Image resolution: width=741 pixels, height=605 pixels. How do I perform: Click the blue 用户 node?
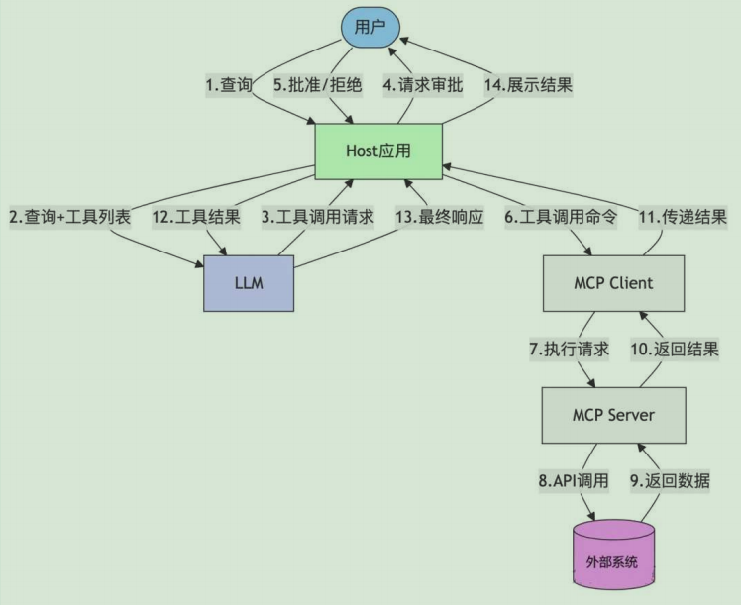click(x=369, y=27)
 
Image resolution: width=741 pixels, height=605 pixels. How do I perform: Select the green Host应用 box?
click(x=378, y=151)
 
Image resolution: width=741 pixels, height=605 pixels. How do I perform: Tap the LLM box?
click(x=249, y=283)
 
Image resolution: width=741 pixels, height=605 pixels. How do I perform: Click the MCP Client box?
click(x=613, y=283)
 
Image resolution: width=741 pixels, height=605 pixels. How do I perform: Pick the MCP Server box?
click(x=614, y=414)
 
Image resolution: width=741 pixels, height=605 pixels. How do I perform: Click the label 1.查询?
click(x=229, y=85)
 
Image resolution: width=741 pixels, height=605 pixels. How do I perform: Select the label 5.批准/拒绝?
click(x=318, y=85)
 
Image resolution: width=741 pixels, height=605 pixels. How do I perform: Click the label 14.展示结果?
click(x=529, y=85)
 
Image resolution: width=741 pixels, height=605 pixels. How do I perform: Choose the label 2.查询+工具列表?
click(x=70, y=217)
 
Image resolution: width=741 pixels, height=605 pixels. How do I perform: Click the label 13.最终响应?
click(x=439, y=217)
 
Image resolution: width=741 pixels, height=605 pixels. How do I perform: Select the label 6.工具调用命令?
click(x=561, y=217)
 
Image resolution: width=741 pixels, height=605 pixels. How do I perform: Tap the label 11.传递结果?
click(x=683, y=217)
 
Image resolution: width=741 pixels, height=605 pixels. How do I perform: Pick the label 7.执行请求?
click(x=569, y=349)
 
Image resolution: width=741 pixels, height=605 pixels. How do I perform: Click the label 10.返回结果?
click(x=675, y=349)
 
